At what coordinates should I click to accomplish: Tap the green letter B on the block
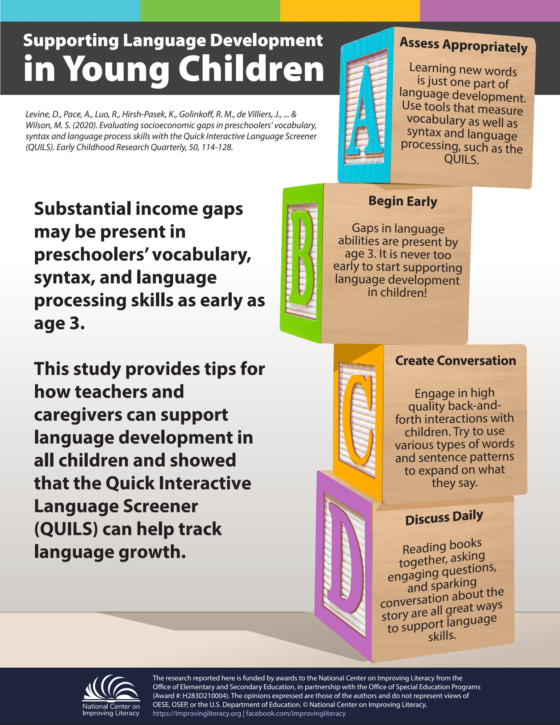tap(301, 262)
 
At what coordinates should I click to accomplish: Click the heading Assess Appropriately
tap(463, 45)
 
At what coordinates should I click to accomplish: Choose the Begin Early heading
tap(403, 201)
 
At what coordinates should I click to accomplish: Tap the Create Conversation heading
tap(455, 360)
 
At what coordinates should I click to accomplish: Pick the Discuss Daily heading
tap(444, 518)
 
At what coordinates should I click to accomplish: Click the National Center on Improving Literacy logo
tap(111, 696)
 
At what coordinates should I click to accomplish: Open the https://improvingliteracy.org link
tap(197, 713)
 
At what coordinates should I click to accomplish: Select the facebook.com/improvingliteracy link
tap(296, 713)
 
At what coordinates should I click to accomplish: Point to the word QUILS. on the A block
tap(461, 160)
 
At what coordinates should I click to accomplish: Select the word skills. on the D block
tap(442, 636)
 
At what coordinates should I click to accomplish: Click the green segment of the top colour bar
tap(210, 11)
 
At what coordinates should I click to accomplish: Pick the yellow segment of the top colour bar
tap(350, 11)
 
